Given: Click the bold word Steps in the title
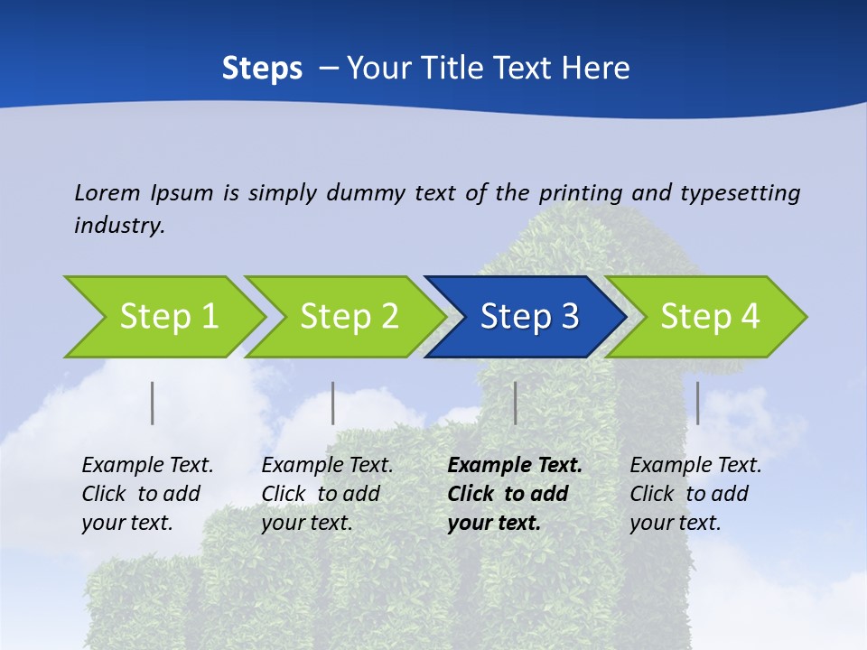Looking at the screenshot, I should coord(262,69).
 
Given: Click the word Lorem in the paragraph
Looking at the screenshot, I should coord(107,192).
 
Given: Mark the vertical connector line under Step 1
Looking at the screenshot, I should coord(153,403).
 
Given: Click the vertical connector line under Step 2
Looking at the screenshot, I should coord(333,403).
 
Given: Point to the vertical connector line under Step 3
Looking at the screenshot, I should coord(515,403).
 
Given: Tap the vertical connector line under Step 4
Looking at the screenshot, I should coord(697,403).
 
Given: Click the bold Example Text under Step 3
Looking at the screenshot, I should coord(515,466).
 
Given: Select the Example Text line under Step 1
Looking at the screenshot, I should coord(147,466).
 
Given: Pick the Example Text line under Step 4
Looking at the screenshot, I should coord(695,466).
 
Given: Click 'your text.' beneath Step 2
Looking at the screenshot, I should coord(307,523).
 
